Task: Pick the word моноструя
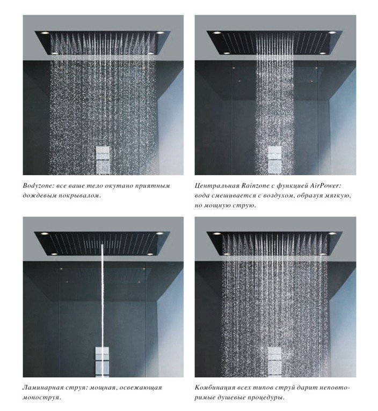pyautogui.click(x=41, y=398)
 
